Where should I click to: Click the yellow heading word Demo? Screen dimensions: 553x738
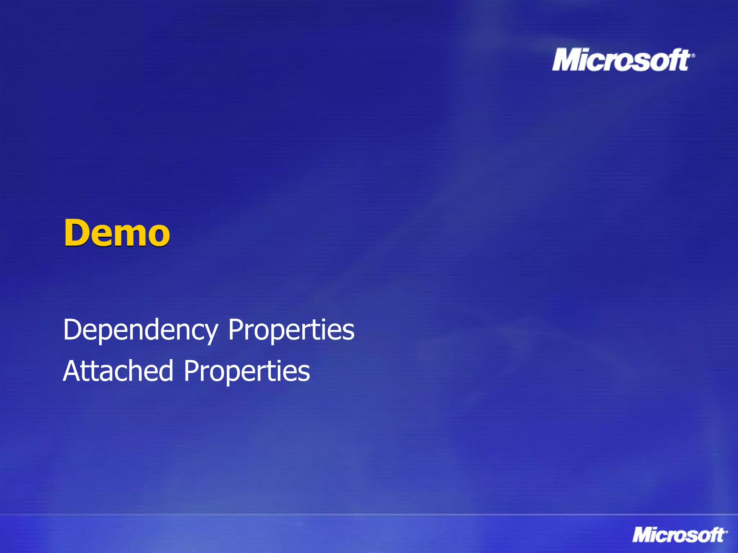[x=117, y=233]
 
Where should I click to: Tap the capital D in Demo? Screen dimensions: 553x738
[x=77, y=233]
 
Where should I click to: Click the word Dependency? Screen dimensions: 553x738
[x=141, y=330]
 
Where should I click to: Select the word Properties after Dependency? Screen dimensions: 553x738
[x=291, y=330]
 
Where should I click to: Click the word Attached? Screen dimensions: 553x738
[x=118, y=371]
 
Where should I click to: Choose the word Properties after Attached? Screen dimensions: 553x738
[x=247, y=371]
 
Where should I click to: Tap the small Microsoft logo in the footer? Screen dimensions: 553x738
[x=679, y=535]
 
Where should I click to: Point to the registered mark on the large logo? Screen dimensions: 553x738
[x=693, y=55]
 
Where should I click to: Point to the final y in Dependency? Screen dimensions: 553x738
[x=210, y=333]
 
